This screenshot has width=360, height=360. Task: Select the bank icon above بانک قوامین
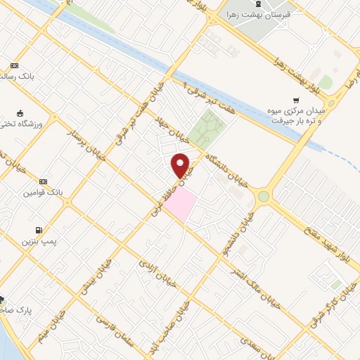[44, 181]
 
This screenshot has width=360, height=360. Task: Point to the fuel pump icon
[37, 230]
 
